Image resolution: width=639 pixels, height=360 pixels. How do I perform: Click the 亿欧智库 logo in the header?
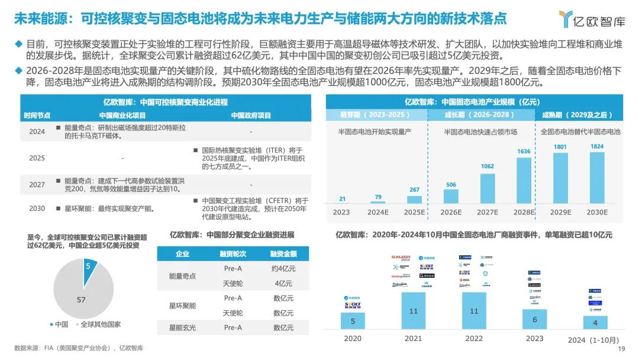click(592, 20)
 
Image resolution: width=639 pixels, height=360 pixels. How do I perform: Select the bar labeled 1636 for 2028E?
click(524, 181)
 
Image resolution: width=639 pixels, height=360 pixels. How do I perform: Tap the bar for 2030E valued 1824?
click(597, 178)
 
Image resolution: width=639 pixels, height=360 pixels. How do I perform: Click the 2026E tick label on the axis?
click(451, 212)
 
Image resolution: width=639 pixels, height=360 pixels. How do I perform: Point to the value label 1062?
click(487, 167)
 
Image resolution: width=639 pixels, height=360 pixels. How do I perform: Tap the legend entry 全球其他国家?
click(101, 324)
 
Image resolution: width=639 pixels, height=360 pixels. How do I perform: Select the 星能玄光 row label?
click(182, 327)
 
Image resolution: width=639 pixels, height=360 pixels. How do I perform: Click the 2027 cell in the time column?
click(37, 184)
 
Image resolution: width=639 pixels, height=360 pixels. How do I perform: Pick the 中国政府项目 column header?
click(251, 115)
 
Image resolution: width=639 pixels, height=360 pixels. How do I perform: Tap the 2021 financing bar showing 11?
click(413, 311)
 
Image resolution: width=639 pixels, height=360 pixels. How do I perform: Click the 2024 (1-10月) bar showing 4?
click(595, 323)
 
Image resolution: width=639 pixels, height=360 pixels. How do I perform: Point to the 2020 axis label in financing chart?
click(353, 339)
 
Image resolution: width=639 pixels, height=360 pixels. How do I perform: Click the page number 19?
click(621, 349)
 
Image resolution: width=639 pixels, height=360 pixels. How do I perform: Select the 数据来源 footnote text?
click(79, 348)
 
